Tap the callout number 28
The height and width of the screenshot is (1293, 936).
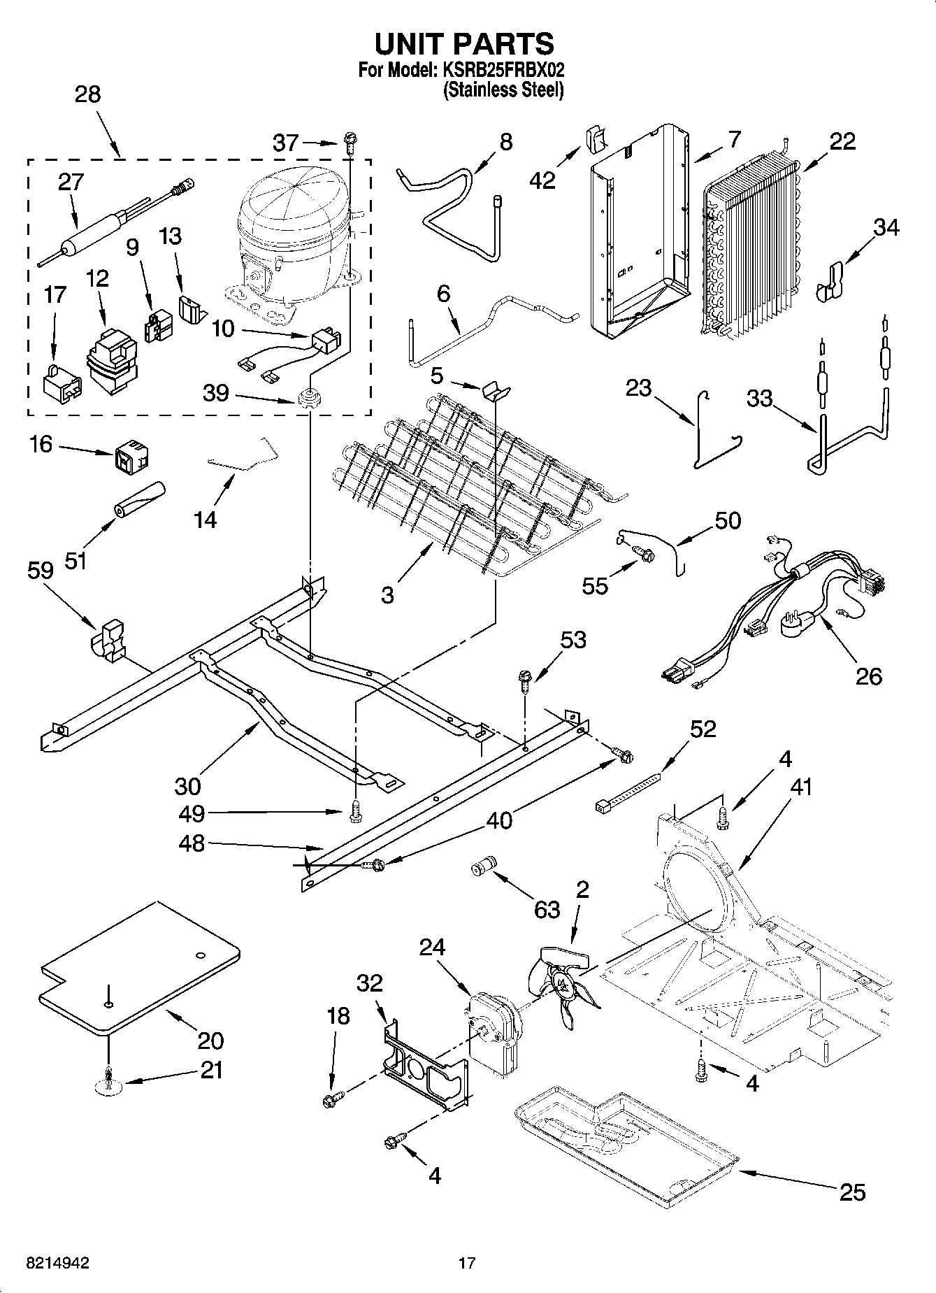coord(87,94)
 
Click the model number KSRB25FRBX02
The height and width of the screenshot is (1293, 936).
coord(501,70)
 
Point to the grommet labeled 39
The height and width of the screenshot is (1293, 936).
coord(307,401)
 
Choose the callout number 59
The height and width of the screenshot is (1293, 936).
coord(41,571)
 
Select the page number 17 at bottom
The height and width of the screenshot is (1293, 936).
coord(467,1263)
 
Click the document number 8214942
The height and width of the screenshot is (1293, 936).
coord(57,1263)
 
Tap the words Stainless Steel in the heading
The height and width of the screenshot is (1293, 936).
coord(503,90)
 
